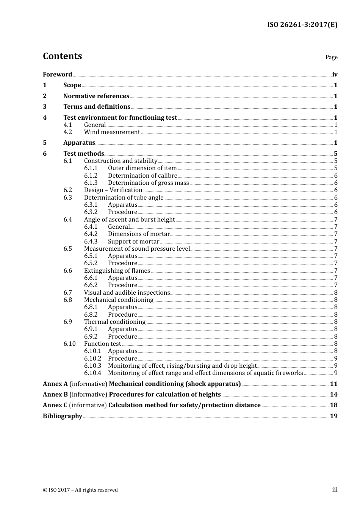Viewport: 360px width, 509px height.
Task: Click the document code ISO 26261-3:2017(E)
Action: [x=302, y=25]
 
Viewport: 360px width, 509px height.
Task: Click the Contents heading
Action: [x=62, y=56]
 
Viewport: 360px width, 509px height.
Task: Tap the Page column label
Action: [x=331, y=57]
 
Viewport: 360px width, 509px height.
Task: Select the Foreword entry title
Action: [x=57, y=75]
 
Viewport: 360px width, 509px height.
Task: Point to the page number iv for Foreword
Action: [x=335, y=75]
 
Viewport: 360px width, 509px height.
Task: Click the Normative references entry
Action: [x=96, y=96]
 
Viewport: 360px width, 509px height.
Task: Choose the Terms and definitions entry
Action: [x=97, y=107]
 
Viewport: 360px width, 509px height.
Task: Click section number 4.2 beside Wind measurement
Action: [x=67, y=132]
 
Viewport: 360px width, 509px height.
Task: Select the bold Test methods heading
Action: [x=83, y=153]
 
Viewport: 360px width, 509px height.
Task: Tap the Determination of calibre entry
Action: [x=142, y=176]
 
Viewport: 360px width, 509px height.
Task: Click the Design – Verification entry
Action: [x=113, y=190]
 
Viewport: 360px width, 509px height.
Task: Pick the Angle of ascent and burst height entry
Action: [x=129, y=220]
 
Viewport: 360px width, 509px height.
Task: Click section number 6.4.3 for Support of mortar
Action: [x=91, y=242]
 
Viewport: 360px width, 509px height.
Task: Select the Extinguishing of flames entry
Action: [x=117, y=271]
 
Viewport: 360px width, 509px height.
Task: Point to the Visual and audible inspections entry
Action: [x=127, y=293]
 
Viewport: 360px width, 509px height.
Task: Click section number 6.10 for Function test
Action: [x=69, y=344]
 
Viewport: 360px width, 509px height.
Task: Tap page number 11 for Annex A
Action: [x=333, y=384]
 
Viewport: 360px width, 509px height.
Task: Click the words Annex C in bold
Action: [x=55, y=405]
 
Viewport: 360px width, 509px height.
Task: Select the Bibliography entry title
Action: [x=62, y=416]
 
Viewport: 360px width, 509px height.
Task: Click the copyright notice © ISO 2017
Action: [x=80, y=490]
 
